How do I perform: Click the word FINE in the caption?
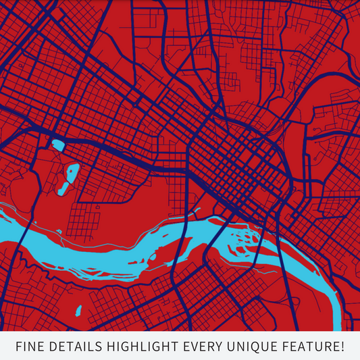pos(30,347)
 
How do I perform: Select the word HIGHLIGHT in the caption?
pos(140,347)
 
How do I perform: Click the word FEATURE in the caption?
pos(307,347)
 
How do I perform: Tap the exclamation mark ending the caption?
pos(342,347)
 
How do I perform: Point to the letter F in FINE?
pos(19,347)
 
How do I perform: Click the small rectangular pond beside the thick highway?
pos(58,145)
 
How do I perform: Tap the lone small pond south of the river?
pos(78,311)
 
